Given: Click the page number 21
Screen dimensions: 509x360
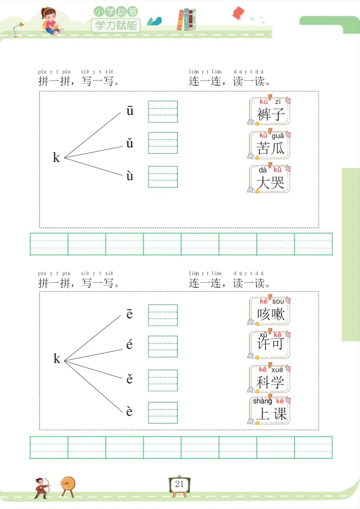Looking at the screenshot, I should (x=180, y=484).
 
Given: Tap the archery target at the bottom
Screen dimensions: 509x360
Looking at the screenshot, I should (x=68, y=485).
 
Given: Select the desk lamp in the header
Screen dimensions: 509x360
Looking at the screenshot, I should (x=18, y=28).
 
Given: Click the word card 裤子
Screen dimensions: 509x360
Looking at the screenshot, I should (x=270, y=111).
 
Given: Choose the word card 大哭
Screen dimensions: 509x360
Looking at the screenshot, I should (x=270, y=179).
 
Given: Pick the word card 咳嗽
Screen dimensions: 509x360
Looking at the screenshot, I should (x=270, y=311).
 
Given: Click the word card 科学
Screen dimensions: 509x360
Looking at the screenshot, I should (x=270, y=378).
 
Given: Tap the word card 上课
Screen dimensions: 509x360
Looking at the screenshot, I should (x=270, y=410).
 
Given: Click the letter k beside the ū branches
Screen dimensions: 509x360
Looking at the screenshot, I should (x=56, y=158).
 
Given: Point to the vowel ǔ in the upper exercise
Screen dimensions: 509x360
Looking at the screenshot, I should (x=130, y=144).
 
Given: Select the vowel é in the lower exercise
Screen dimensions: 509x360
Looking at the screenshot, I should (x=130, y=345).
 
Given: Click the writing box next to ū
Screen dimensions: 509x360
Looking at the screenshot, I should (x=163, y=112).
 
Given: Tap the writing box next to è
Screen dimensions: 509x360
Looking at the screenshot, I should (x=163, y=412).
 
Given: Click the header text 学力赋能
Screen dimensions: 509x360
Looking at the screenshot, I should (x=116, y=25).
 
